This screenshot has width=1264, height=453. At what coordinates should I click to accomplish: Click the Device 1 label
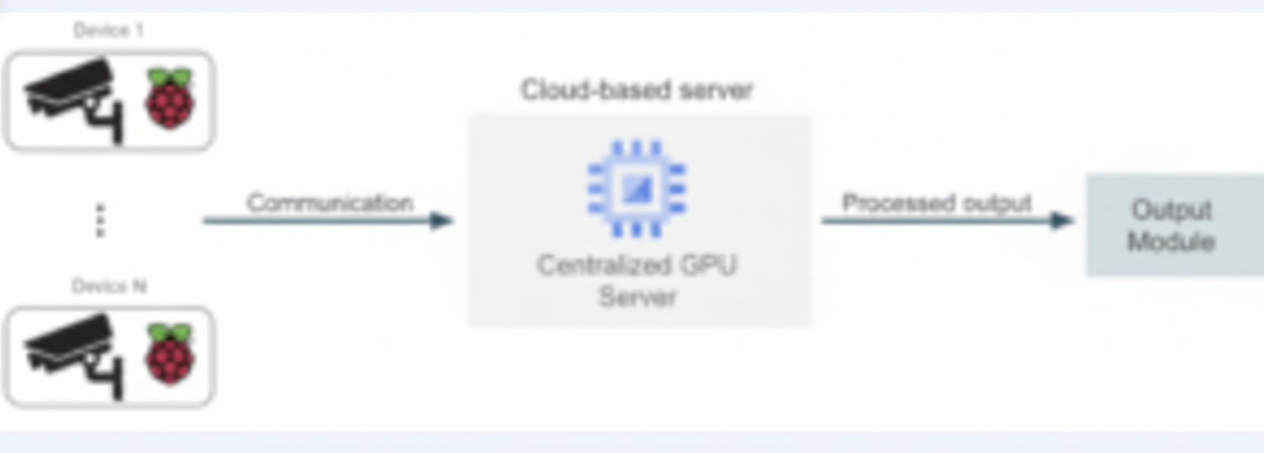[x=108, y=31]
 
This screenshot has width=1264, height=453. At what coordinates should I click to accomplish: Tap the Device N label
[x=109, y=286]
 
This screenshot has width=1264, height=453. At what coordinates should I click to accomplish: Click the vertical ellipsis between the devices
[x=101, y=221]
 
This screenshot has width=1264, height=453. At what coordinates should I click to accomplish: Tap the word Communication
[x=329, y=203]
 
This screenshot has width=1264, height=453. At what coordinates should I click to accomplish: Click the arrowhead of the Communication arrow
[x=442, y=220]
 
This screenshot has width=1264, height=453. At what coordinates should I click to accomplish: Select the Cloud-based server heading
[x=637, y=90]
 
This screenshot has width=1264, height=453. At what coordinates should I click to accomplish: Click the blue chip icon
[x=636, y=189]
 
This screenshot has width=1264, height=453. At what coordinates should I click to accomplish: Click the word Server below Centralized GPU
[x=637, y=297]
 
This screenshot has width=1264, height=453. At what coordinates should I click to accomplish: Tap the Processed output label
[x=936, y=203]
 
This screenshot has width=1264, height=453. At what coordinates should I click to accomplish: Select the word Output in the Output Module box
[x=1171, y=210]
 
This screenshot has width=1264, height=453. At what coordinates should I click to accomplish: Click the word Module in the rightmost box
[x=1171, y=241]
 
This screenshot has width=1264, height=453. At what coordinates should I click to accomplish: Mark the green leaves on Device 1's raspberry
[x=170, y=77]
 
